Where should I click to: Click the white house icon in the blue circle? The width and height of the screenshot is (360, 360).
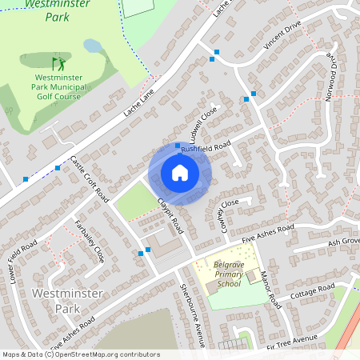(x=179, y=173)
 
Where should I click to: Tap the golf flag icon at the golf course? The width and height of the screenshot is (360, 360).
(x=57, y=62)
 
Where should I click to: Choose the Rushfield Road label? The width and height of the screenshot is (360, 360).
(x=205, y=145)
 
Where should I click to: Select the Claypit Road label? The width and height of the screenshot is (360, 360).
(x=171, y=215)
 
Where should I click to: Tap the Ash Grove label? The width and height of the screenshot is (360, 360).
(x=345, y=241)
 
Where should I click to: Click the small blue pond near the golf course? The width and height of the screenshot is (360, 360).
(x=93, y=46)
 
